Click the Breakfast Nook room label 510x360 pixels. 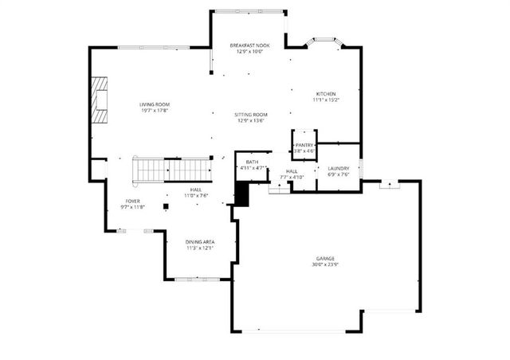click(x=249, y=45)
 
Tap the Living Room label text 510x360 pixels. click(x=155, y=104)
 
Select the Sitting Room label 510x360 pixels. click(x=250, y=115)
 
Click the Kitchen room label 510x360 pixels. click(x=325, y=94)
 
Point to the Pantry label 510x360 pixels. click(x=305, y=145)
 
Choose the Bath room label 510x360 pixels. click(x=252, y=162)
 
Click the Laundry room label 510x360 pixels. click(x=339, y=168)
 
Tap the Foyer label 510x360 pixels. click(x=133, y=201)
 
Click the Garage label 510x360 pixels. click(x=324, y=259)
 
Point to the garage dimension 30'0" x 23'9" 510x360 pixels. click(x=324, y=264)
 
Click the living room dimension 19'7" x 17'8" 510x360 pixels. click(x=155, y=111)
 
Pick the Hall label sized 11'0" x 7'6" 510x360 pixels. click(x=195, y=190)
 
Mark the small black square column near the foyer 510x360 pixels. click(x=165, y=207)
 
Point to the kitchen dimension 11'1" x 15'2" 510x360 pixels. click(x=325, y=100)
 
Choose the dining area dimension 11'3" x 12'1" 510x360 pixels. click(x=199, y=248)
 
